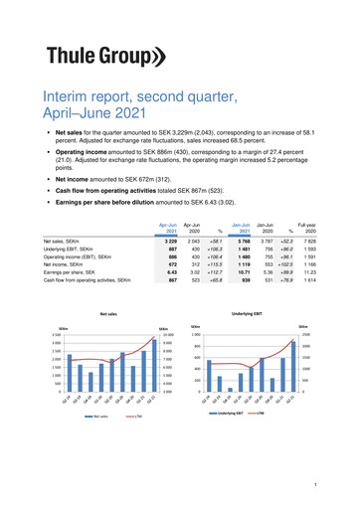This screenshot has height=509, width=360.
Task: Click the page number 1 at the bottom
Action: [x=313, y=484]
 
